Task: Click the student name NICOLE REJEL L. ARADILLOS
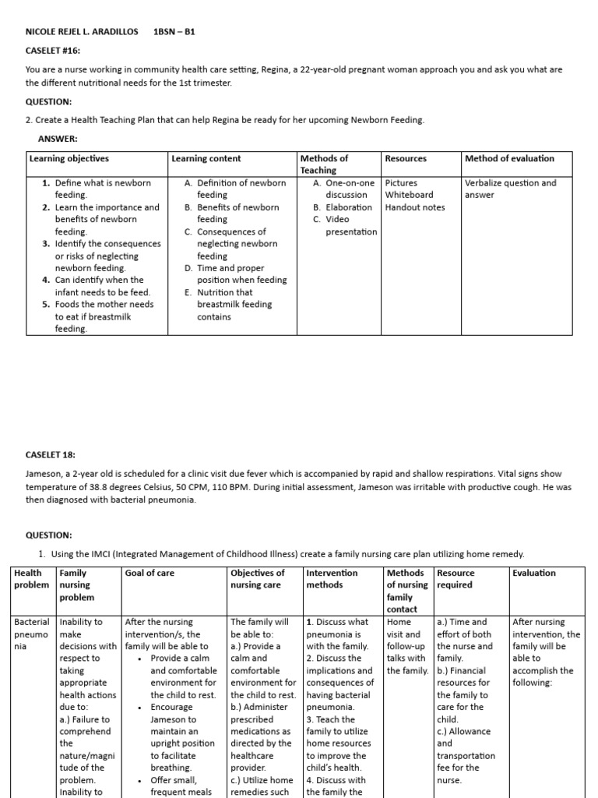pyautogui.click(x=82, y=31)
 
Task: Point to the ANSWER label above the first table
pyautogui.click(x=58, y=139)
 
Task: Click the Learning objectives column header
pyautogui.click(x=69, y=158)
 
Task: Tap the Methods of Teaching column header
pyautogui.click(x=324, y=164)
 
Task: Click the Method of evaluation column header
pyautogui.click(x=509, y=158)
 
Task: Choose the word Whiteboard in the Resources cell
pyautogui.click(x=410, y=195)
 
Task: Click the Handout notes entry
pyautogui.click(x=415, y=207)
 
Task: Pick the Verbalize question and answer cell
pyautogui.click(x=510, y=189)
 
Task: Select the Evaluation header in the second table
pyautogui.click(x=534, y=573)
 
